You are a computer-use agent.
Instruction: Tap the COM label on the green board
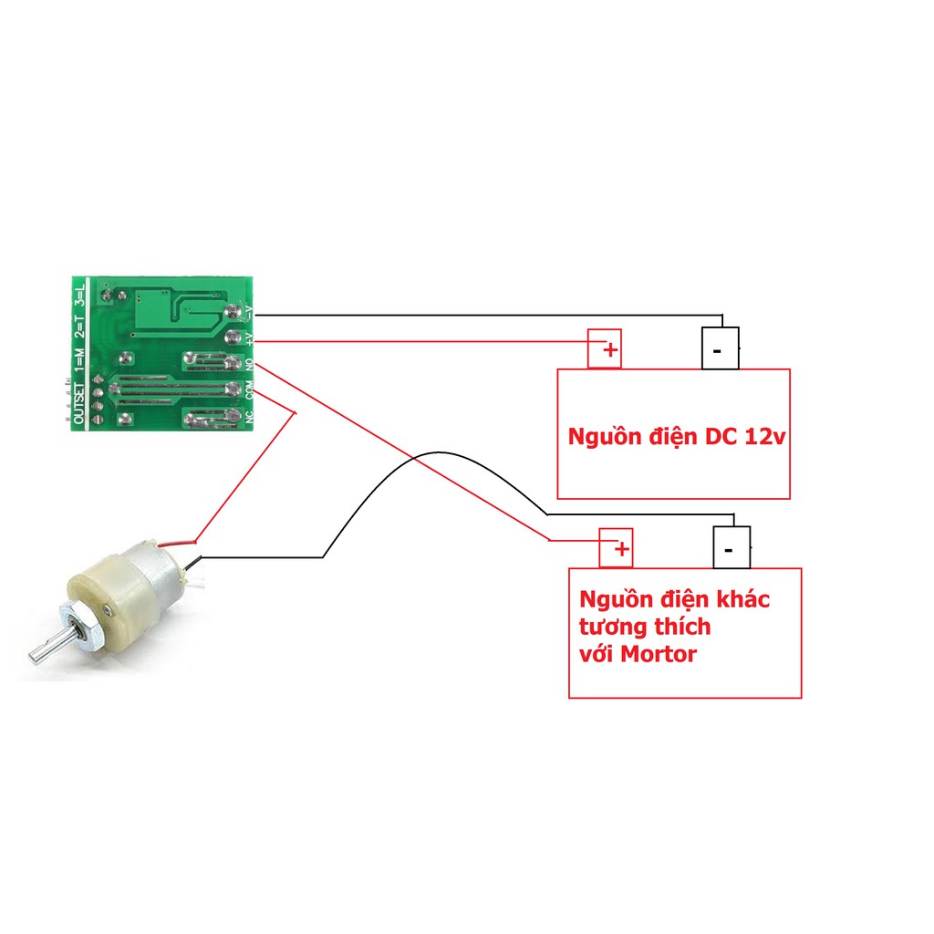click(250, 390)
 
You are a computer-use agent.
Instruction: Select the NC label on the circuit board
click(250, 416)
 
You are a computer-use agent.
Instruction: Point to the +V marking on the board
click(250, 338)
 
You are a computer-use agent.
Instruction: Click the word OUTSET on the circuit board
click(79, 403)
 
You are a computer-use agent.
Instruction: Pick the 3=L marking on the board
click(79, 296)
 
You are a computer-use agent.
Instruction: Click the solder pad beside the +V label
click(233, 337)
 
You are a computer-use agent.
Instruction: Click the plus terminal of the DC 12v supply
click(605, 349)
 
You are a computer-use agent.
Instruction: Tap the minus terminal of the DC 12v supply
click(721, 348)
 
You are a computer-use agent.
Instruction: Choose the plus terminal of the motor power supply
click(616, 548)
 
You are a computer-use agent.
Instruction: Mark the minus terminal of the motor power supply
click(732, 547)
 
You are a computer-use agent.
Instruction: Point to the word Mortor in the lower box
click(659, 654)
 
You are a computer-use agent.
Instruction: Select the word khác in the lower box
click(742, 598)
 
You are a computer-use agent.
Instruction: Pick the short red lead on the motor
click(178, 544)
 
